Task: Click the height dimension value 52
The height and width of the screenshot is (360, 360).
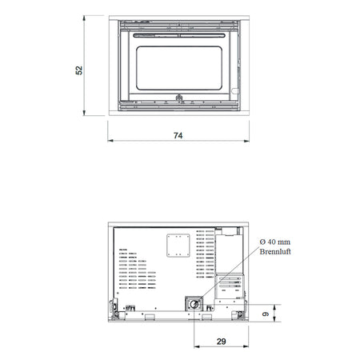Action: pyautogui.click(x=79, y=70)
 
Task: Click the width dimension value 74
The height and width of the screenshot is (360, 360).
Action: pyautogui.click(x=178, y=135)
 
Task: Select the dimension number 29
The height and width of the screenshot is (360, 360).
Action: pyautogui.click(x=222, y=342)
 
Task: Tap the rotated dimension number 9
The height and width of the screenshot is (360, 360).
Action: pyautogui.click(x=266, y=314)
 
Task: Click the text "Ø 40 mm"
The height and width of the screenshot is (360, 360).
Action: pyautogui.click(x=275, y=242)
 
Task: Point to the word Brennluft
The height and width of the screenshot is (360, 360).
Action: pyautogui.click(x=275, y=251)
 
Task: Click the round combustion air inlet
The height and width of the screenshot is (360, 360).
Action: pyautogui.click(x=194, y=304)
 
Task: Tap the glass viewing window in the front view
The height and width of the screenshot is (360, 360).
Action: pyautogui.click(x=179, y=68)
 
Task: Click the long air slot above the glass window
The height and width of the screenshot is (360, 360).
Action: pyautogui.click(x=179, y=35)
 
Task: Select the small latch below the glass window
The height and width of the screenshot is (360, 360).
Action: pyautogui.click(x=178, y=98)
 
